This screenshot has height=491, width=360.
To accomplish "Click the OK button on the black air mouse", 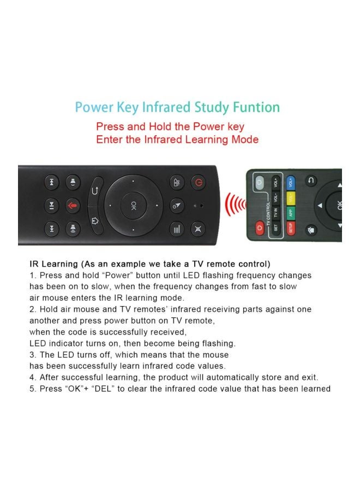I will click(134, 205).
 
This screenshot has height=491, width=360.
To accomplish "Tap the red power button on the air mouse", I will click(199, 182).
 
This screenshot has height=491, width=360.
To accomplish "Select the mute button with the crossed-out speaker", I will click(199, 229).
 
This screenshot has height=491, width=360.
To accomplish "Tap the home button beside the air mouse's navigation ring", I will click(96, 221).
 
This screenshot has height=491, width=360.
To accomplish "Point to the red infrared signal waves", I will click(236, 205).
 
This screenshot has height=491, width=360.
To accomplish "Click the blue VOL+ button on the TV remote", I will click(290, 182).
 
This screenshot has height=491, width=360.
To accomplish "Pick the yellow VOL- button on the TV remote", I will click(290, 197).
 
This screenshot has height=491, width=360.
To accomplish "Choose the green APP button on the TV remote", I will click(290, 213).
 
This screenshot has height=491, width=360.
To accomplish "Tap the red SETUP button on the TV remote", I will click(290, 228).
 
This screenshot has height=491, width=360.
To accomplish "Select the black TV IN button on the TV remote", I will click(275, 213).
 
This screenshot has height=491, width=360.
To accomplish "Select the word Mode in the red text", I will click(244, 140).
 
